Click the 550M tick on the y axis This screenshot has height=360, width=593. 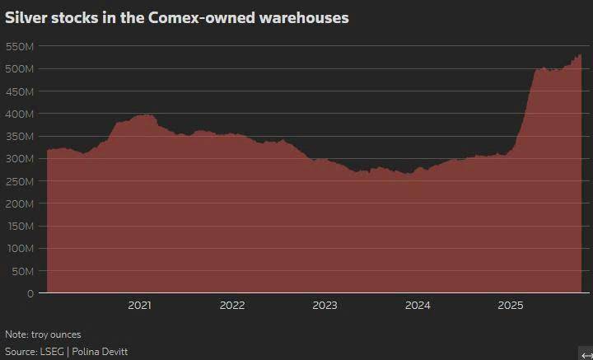18,46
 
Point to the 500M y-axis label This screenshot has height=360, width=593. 18,68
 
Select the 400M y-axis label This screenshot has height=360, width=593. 18,114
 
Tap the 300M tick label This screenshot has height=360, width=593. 18,158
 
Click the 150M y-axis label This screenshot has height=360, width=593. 18,226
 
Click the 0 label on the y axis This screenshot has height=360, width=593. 30,293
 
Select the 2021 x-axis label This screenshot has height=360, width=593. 140,306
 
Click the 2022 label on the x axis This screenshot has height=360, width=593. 232,306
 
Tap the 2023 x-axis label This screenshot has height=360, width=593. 325,306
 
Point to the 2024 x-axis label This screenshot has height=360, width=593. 418,306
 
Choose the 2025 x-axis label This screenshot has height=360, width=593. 511,306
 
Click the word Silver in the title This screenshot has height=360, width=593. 25,17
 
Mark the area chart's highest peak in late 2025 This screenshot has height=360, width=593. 579,55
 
